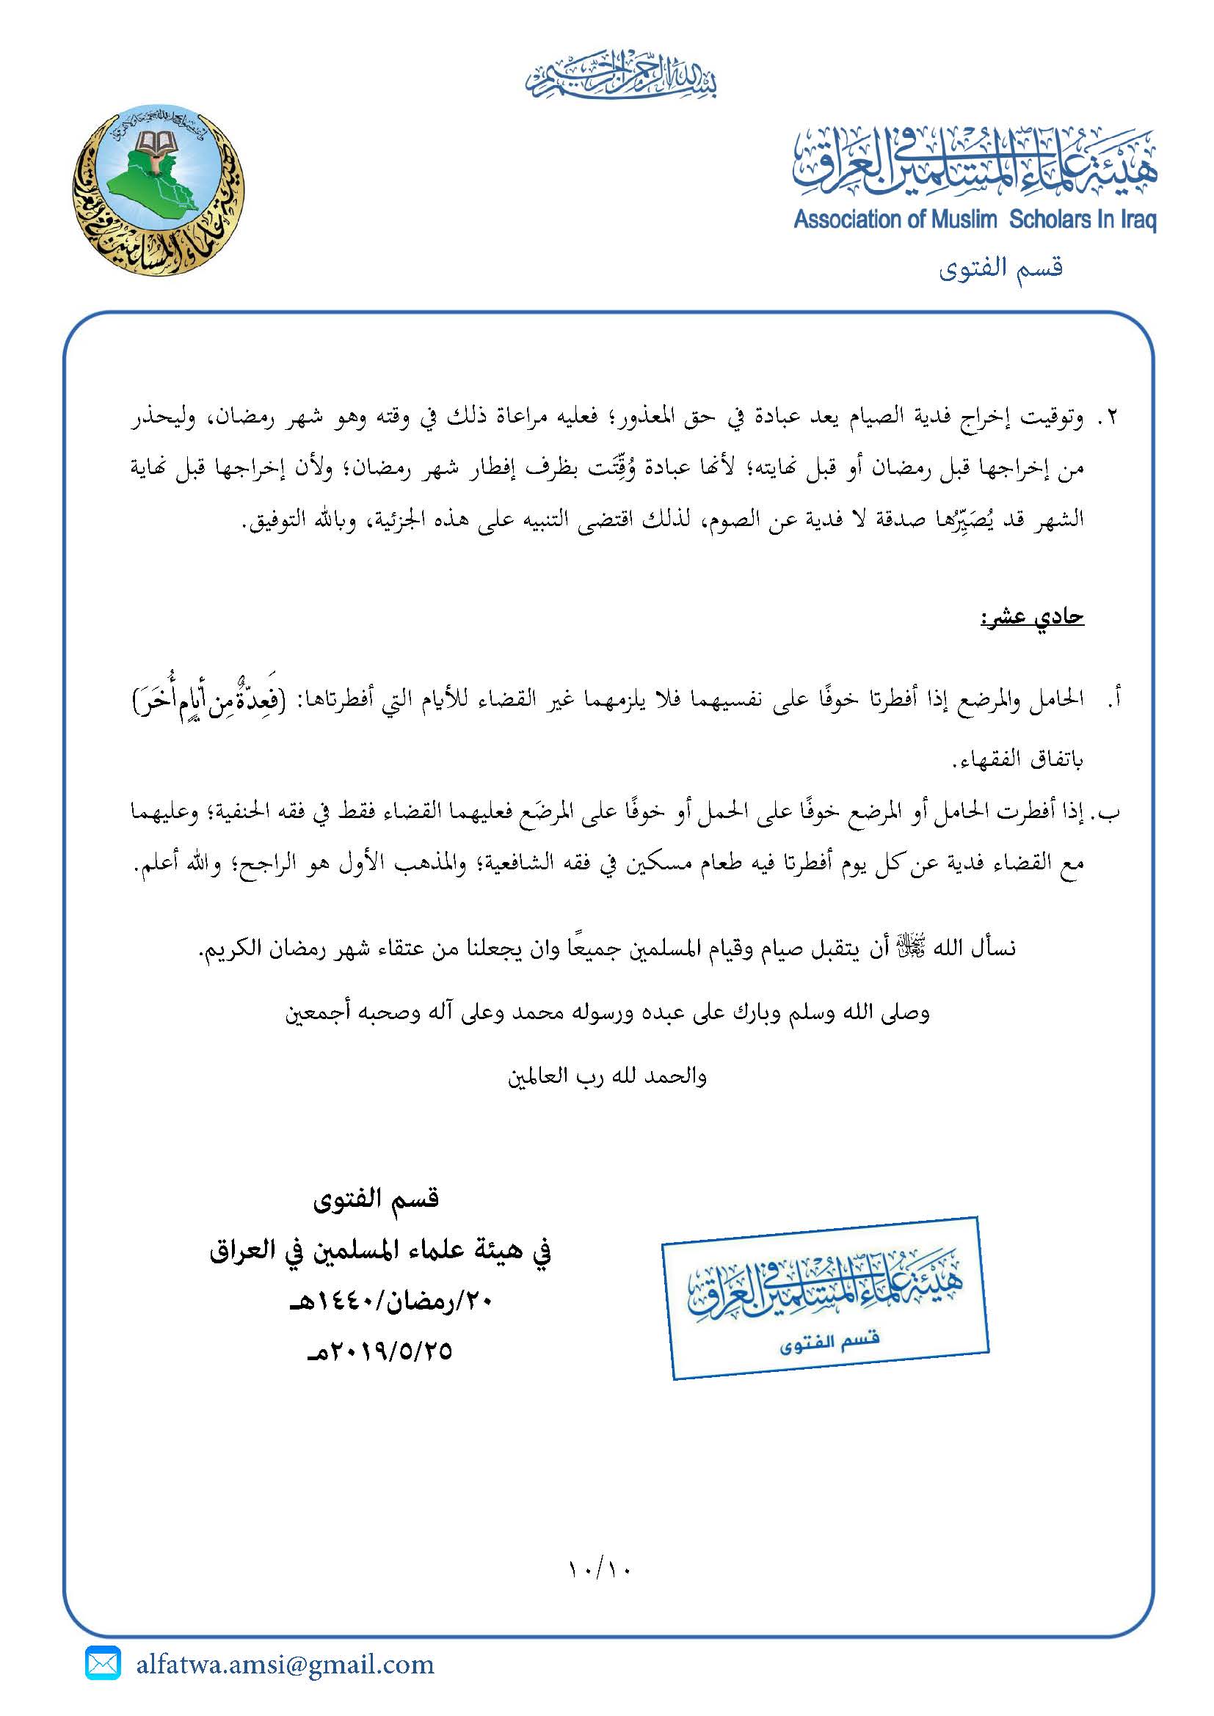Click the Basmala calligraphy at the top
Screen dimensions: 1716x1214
coord(620,77)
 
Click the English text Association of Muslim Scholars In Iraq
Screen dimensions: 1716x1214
coord(975,220)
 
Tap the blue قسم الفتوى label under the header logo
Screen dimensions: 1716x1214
coord(1000,268)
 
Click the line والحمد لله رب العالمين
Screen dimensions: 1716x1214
coord(607,1077)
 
